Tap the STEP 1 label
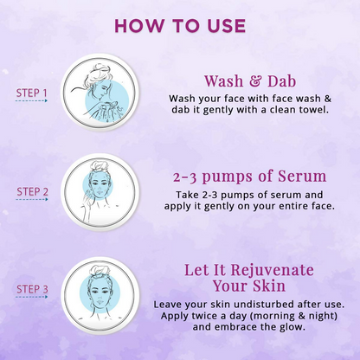(x=32, y=92)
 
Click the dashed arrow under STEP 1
(x=32, y=101)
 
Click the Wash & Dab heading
(x=247, y=82)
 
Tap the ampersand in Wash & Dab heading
(x=250, y=82)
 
